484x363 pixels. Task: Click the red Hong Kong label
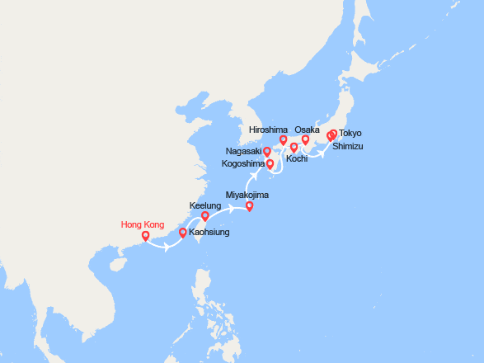click(x=143, y=224)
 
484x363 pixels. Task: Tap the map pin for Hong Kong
click(x=145, y=237)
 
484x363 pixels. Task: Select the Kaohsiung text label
click(x=209, y=233)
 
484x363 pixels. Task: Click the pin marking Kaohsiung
click(x=182, y=233)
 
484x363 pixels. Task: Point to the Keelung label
click(x=205, y=205)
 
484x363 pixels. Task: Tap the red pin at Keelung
click(x=205, y=217)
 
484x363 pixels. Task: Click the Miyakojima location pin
click(x=250, y=206)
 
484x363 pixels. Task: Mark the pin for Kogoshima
click(x=270, y=164)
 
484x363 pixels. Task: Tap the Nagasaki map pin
click(x=266, y=152)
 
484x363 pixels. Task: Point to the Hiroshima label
click(x=268, y=130)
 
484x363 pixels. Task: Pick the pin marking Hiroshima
click(x=283, y=140)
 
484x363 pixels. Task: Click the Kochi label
click(x=297, y=158)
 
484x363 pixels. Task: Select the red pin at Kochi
click(x=294, y=148)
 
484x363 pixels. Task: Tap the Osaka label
click(x=307, y=130)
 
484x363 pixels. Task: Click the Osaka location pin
click(x=305, y=140)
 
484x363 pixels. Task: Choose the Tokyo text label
click(x=350, y=133)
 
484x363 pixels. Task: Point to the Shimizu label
click(x=347, y=146)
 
